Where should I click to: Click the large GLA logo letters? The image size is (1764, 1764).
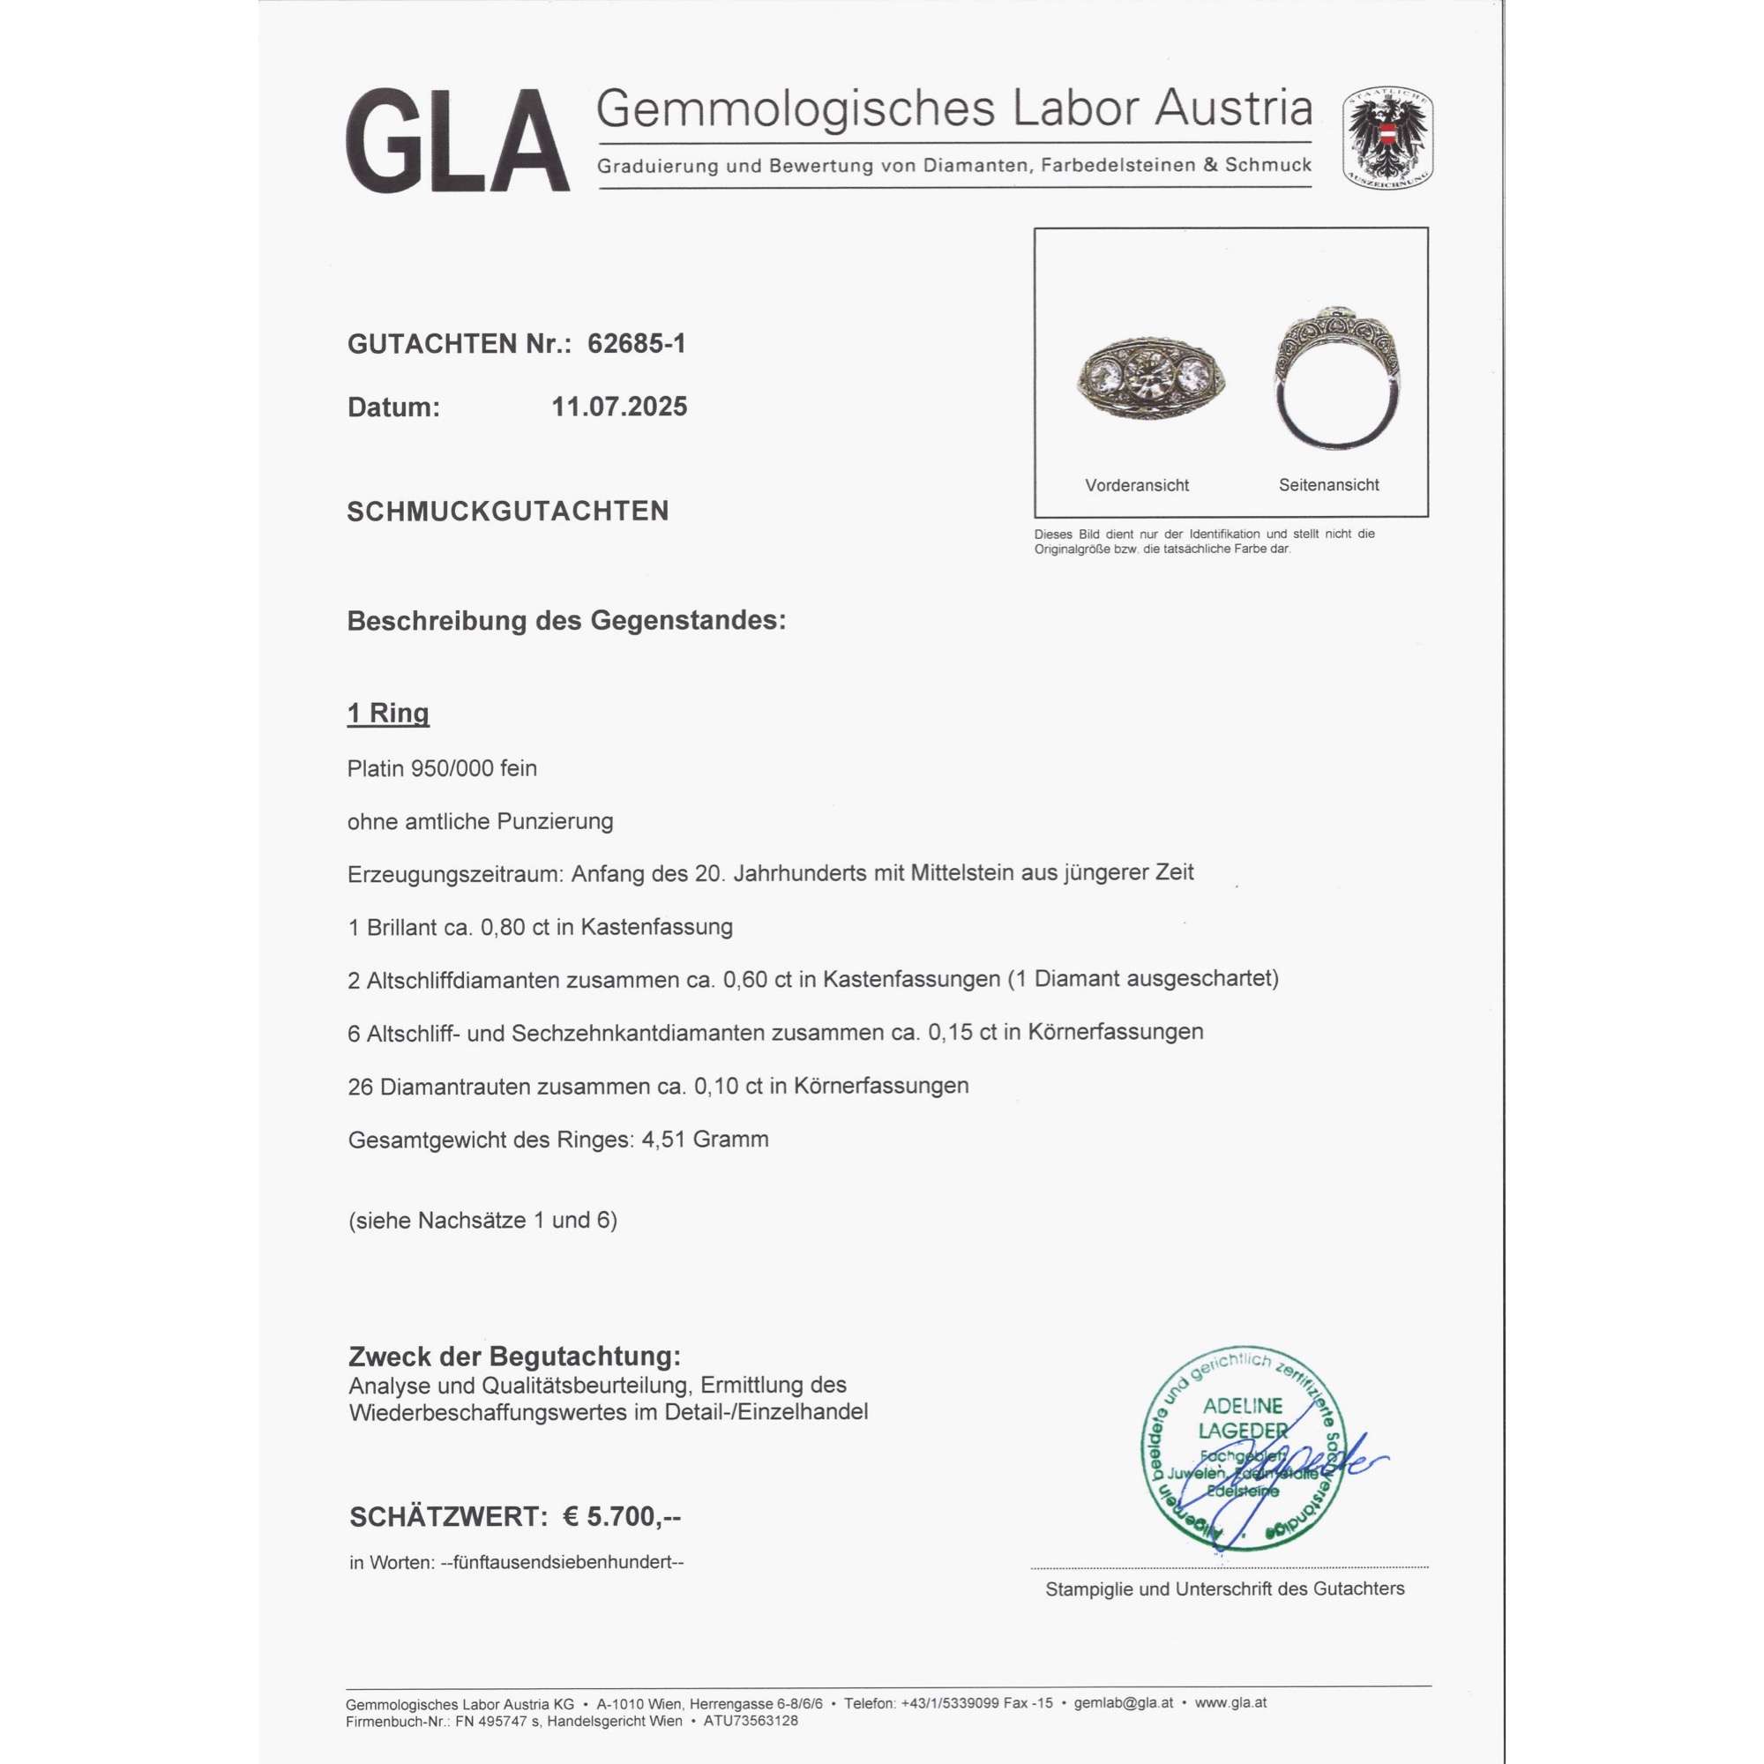coord(458,140)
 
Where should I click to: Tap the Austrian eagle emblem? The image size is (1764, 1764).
coord(1387,138)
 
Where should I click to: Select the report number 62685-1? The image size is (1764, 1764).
coord(637,343)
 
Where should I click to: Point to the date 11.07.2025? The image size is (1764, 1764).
coord(619,407)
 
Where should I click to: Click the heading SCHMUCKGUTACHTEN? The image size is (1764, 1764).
coord(508,512)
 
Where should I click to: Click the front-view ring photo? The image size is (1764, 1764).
coord(1150,381)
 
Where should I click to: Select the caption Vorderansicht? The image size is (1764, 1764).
coord(1137,486)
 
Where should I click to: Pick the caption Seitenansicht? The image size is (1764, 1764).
coord(1328,485)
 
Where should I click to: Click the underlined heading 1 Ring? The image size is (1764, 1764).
coord(388,713)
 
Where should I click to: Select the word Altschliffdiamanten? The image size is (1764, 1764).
coord(463,980)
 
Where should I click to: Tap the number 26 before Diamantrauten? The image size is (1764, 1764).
coord(360,1087)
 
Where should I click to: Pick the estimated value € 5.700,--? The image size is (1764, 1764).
coord(622,1516)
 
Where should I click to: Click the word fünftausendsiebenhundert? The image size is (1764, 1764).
coord(563,1562)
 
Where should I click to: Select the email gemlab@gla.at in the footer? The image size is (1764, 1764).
coord(1123,1703)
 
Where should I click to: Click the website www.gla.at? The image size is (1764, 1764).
coord(1230,1703)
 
